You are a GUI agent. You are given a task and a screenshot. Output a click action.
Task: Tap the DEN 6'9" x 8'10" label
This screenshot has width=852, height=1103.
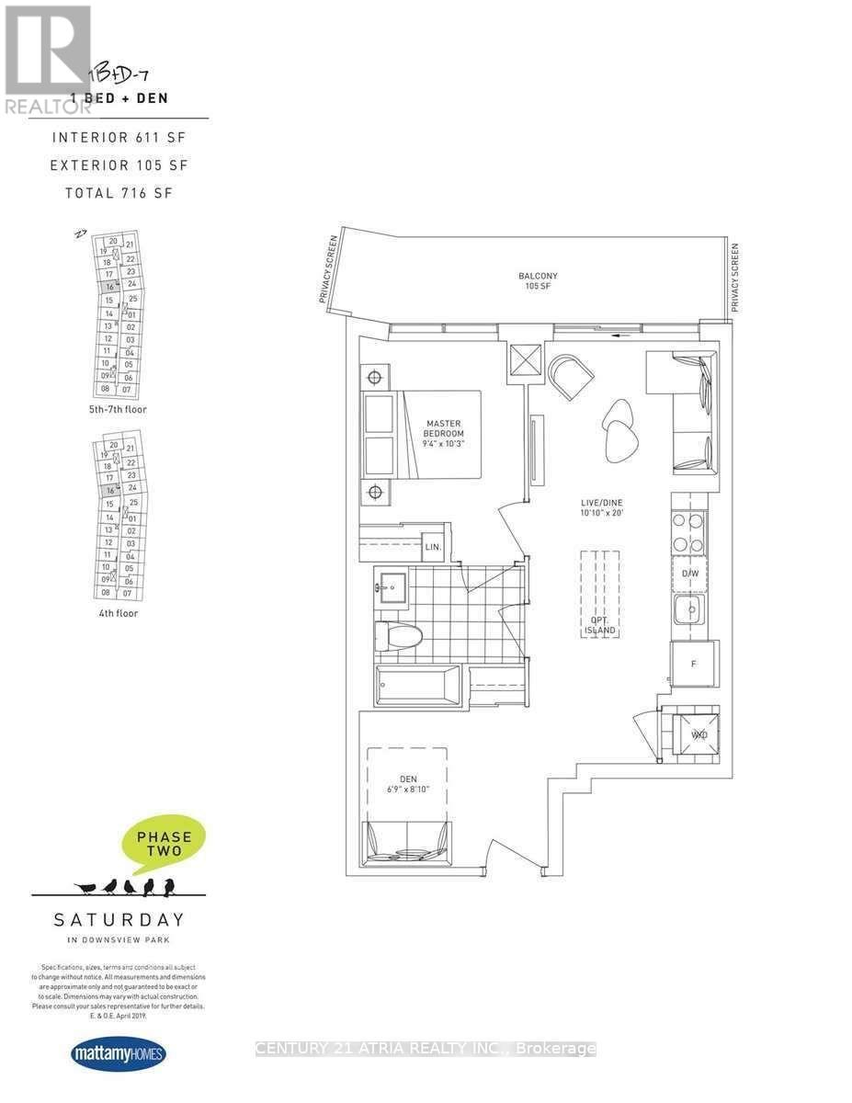[x=407, y=784]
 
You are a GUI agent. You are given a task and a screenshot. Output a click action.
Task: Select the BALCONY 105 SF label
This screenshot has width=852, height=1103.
[x=538, y=281]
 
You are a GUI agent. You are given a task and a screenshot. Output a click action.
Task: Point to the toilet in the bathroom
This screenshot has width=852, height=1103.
[x=398, y=633]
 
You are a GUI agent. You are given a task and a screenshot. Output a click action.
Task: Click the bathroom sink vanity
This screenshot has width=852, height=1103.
[x=393, y=586]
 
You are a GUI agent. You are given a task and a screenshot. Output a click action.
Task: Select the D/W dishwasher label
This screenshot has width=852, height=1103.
[x=689, y=574]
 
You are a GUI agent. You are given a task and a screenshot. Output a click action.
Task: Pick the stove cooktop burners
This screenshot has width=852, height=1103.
[x=688, y=531]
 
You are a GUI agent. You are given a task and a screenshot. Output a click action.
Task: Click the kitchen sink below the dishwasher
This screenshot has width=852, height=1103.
[x=687, y=608]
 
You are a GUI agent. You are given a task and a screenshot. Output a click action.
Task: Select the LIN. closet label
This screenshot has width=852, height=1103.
[x=434, y=547]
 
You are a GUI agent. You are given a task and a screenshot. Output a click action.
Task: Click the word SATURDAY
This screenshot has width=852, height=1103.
[x=119, y=919]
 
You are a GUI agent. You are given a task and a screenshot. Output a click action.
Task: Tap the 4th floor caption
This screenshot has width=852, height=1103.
[x=119, y=613]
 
